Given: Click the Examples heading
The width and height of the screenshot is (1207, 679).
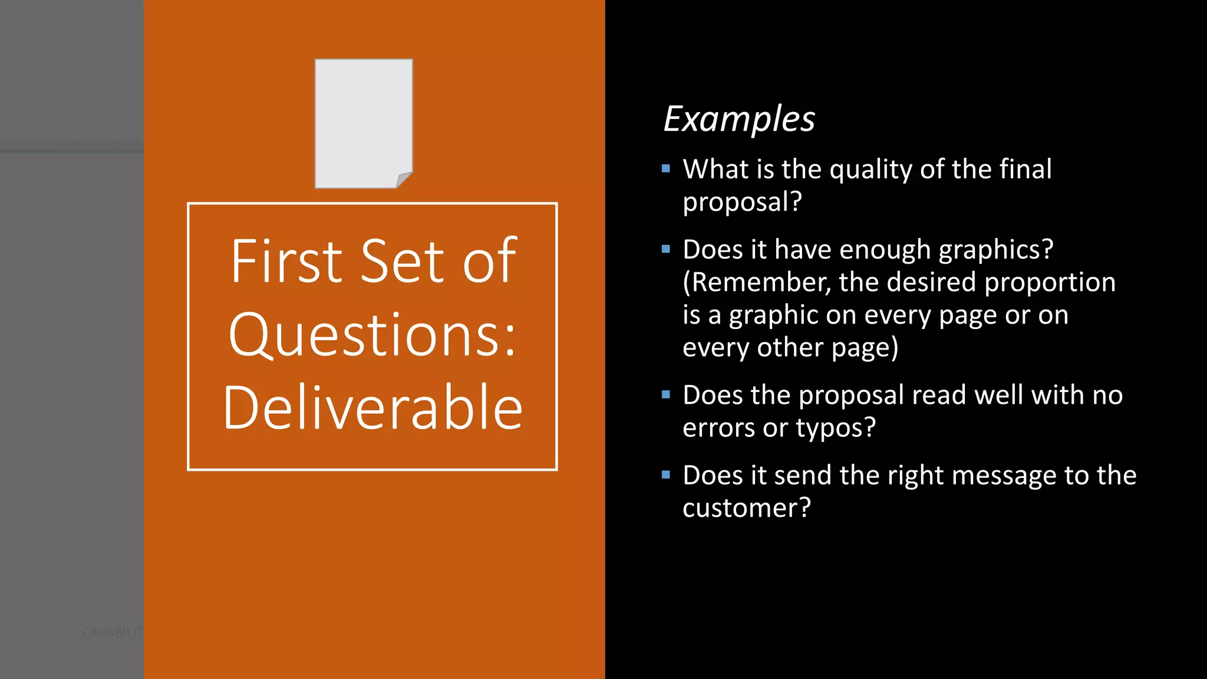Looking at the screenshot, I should coord(739,119).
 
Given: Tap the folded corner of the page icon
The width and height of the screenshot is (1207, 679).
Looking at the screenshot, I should coord(404,179).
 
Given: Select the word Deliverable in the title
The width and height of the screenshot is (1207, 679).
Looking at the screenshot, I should coord(372,407).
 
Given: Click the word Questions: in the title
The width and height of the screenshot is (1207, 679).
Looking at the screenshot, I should coord(372,335).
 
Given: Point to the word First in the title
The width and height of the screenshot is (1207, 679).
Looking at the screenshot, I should coord(286,261).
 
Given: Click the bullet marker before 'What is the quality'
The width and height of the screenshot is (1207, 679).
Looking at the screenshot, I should coord(666,169).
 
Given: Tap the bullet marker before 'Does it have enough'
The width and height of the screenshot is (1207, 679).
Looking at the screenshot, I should coord(666,249).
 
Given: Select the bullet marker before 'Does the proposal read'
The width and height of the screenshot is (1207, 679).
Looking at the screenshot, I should coord(666,395).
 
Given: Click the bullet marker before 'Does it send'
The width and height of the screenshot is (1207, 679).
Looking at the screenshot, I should coord(666,475).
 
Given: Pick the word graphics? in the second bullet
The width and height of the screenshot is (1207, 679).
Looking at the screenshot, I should coord(995,250).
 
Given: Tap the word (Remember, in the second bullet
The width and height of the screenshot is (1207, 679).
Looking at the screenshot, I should coord(757,282).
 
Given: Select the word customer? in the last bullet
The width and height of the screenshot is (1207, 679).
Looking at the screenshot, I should coord(747,508).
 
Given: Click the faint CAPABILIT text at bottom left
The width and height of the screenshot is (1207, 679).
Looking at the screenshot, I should coord(112,633).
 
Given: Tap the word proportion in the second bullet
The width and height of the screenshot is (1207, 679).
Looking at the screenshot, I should coord(1050,282).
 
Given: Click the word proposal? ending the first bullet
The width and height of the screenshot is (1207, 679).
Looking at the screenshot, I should coord(742,202).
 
